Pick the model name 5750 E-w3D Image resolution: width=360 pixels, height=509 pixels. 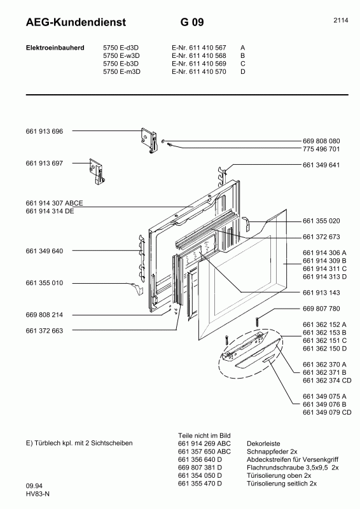coord(121,55)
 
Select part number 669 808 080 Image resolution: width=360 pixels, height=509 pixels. coord(322,141)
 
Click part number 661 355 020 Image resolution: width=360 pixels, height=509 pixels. coord(322,221)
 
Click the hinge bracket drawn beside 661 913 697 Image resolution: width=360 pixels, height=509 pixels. coord(96,171)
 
